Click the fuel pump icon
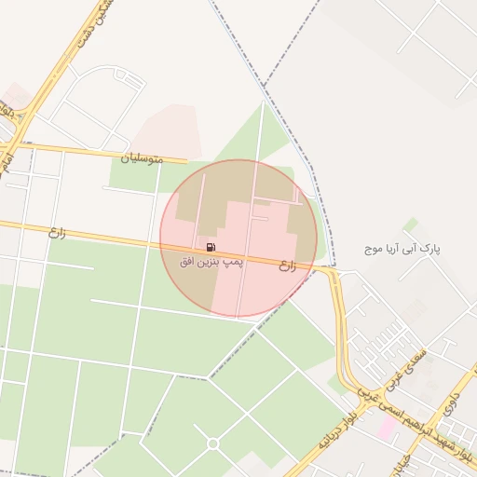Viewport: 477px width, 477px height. pyautogui.click(x=211, y=248)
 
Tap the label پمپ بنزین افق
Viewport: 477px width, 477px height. pyautogui.click(x=211, y=264)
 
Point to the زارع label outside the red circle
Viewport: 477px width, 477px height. pyautogui.click(x=58, y=232)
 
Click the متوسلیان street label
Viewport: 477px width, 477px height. pyautogui.click(x=142, y=158)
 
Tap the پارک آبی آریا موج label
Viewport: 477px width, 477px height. pyautogui.click(x=402, y=250)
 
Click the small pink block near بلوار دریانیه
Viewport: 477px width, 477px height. pyautogui.click(x=387, y=429)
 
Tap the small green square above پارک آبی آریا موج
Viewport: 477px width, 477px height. pyautogui.click(x=410, y=224)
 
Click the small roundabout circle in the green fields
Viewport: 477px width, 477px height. pyautogui.click(x=212, y=443)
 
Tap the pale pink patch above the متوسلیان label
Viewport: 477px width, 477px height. pyautogui.click(x=168, y=129)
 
